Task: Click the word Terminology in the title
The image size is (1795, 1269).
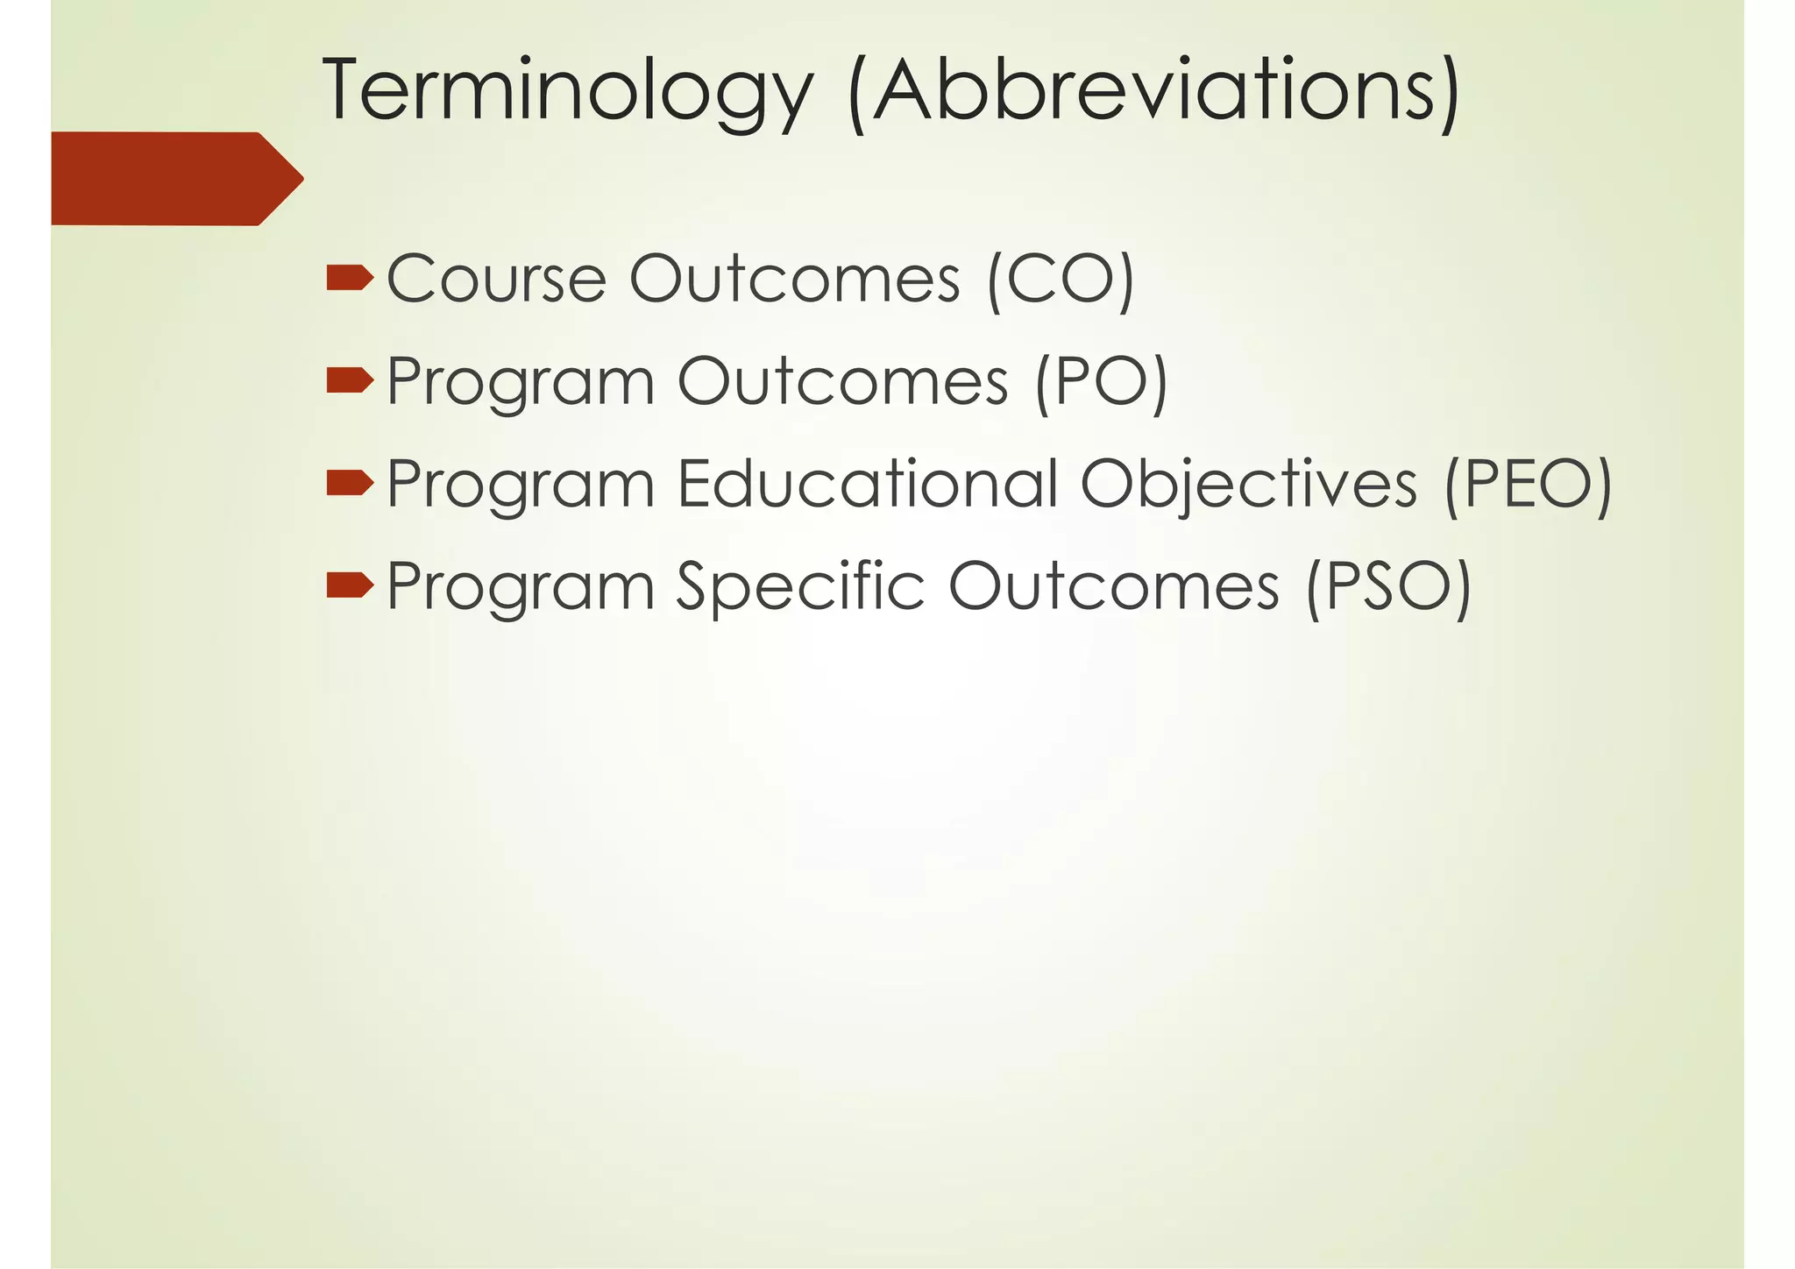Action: pyautogui.click(x=567, y=91)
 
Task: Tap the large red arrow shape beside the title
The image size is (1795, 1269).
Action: pyautogui.click(x=175, y=179)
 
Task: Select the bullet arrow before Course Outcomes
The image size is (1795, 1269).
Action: pyautogui.click(x=350, y=279)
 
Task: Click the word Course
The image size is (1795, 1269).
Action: pyautogui.click(x=496, y=279)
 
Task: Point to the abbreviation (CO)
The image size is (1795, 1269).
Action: pyautogui.click(x=1061, y=280)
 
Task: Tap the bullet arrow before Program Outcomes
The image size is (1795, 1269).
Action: pyautogui.click(x=350, y=380)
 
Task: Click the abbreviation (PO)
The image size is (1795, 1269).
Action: pyautogui.click(x=1101, y=382)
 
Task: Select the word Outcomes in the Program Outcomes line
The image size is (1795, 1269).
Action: pyautogui.click(x=842, y=381)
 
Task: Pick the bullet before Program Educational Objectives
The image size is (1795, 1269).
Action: pyautogui.click(x=350, y=483)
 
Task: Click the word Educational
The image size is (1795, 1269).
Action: pyautogui.click(x=868, y=483)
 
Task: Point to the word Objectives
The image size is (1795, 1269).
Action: pyautogui.click(x=1248, y=485)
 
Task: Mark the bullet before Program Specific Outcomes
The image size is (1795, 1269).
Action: pyautogui.click(x=350, y=585)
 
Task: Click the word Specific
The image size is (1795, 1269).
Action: pyautogui.click(x=800, y=586)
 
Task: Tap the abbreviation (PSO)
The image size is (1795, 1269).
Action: pyautogui.click(x=1387, y=586)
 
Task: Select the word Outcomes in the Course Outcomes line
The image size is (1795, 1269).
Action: pyautogui.click(x=795, y=279)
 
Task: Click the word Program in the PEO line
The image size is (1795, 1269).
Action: pyautogui.click(x=521, y=485)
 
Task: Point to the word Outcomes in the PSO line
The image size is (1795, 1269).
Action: pyautogui.click(x=1113, y=585)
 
